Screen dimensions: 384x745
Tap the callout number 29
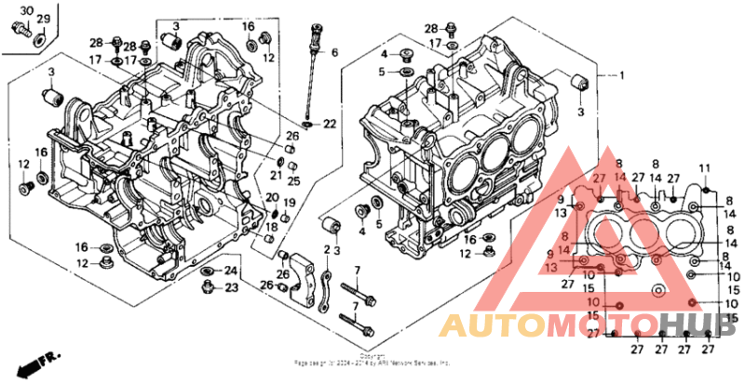pos(43,19)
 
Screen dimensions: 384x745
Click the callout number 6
pos(334,52)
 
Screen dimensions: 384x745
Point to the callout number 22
pos(330,124)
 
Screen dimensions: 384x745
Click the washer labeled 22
pos(307,123)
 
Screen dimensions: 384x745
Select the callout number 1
pos(621,76)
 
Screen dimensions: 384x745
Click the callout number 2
pos(327,250)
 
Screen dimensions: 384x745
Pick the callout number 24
pos(231,271)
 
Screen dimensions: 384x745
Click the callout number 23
pos(231,287)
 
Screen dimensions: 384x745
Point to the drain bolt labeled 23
pos(209,285)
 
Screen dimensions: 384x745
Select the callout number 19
pos(289,203)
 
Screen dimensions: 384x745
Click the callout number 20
pos(271,197)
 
